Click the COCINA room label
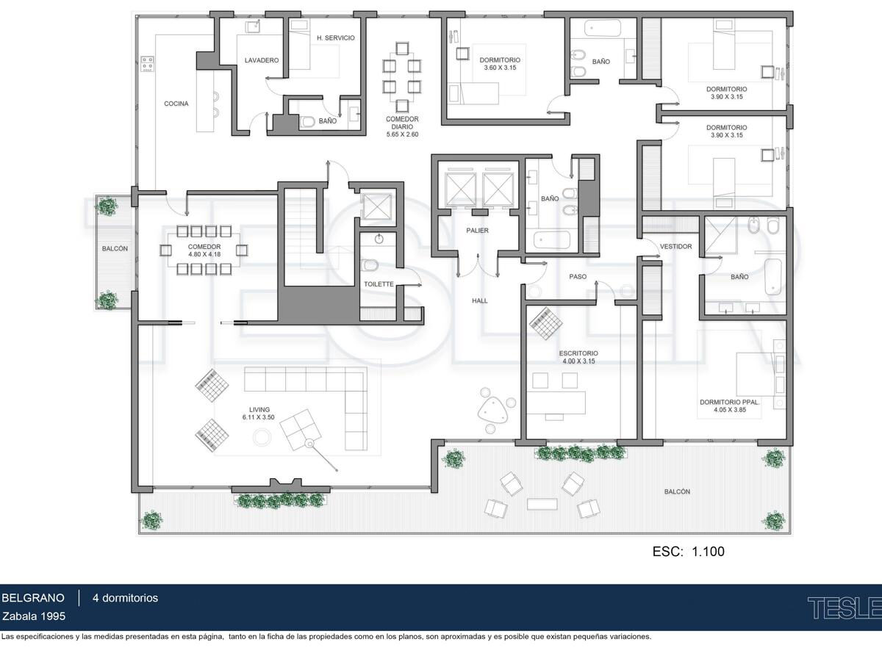tap(176, 104)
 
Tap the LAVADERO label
tap(262, 60)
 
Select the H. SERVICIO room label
tap(335, 37)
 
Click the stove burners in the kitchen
tap(148, 64)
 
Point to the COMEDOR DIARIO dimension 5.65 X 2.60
tap(402, 134)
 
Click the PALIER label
tap(477, 231)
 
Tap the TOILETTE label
tap(379, 284)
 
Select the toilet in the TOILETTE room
tap(370, 265)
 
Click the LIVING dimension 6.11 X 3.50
tap(259, 417)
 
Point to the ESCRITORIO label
tap(578, 353)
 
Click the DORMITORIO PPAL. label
tap(730, 402)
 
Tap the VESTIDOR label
tap(676, 247)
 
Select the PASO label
tap(578, 277)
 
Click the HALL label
tap(480, 300)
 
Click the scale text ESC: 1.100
tap(688, 551)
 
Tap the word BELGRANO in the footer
tap(33, 598)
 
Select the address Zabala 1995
tap(34, 616)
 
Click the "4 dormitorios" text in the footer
tap(126, 598)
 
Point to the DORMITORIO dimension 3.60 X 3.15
tap(500, 68)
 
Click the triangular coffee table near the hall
tap(491, 408)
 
